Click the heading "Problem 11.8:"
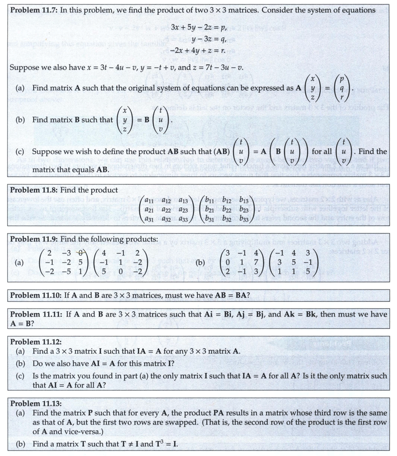coord(33,191)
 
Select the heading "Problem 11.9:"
coord(33,239)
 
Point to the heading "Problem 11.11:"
coord(36,314)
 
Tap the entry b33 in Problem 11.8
coord(244,219)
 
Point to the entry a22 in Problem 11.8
coord(167,210)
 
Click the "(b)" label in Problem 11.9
coord(200,262)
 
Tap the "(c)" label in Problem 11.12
coord(20,376)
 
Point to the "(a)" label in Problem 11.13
coord(20,413)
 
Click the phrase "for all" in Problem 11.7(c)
coord(321,152)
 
